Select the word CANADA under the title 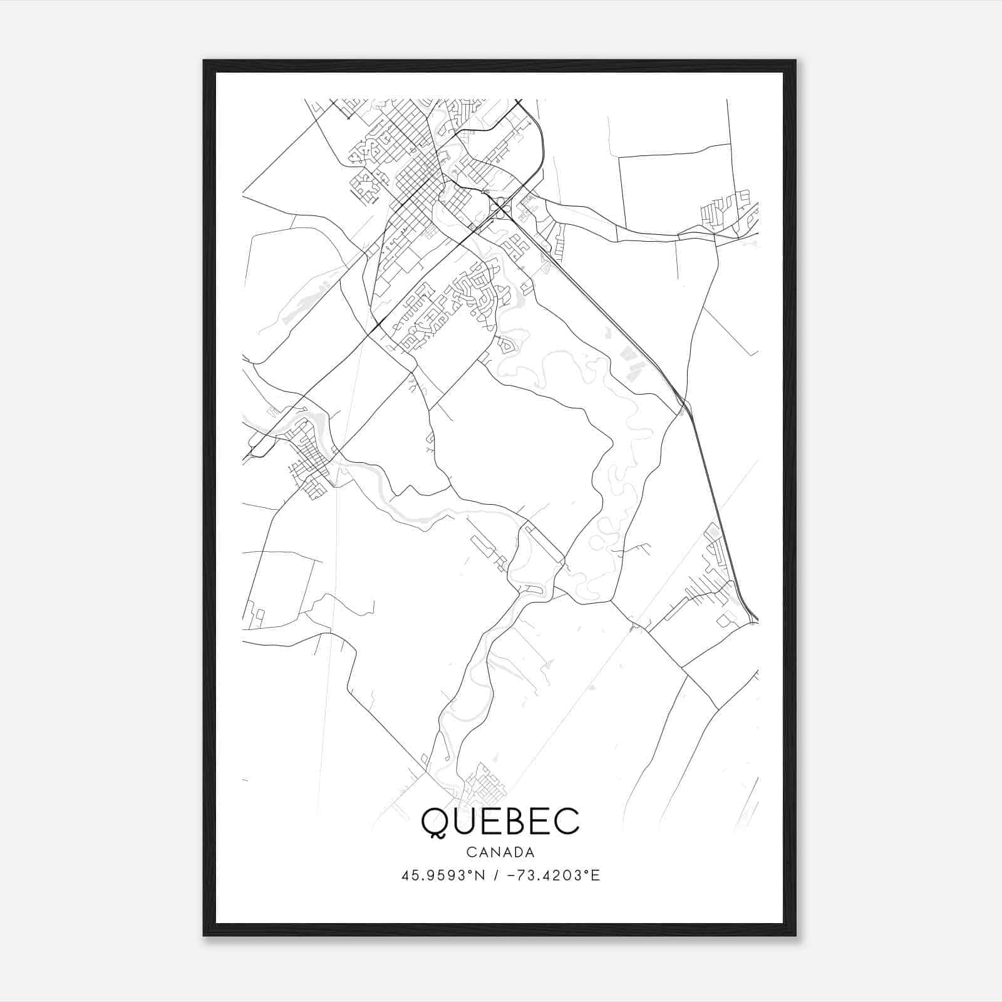pos(500,852)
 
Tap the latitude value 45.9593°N pos(442,875)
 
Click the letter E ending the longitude pos(595,875)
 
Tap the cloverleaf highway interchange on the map pos(500,207)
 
